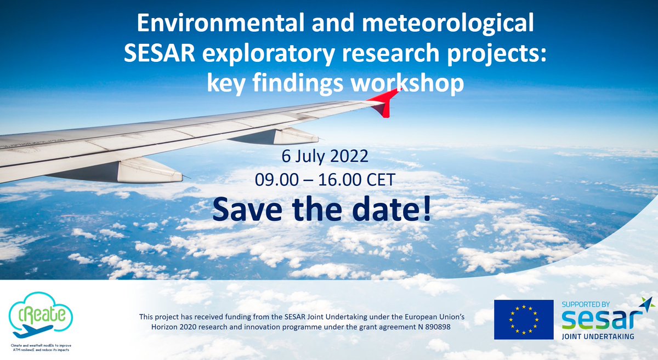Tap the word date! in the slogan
coord(394,209)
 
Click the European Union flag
coord(523,319)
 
